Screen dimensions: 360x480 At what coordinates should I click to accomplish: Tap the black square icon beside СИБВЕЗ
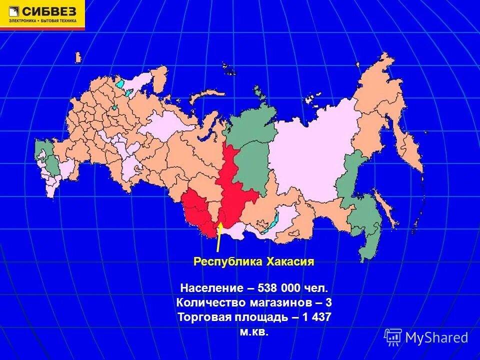[12, 11]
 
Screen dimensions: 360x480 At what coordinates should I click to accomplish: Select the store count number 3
[328, 303]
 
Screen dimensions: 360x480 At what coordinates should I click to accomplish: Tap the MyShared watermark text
[436, 337]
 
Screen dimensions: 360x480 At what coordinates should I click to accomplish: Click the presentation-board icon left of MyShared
[393, 337]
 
